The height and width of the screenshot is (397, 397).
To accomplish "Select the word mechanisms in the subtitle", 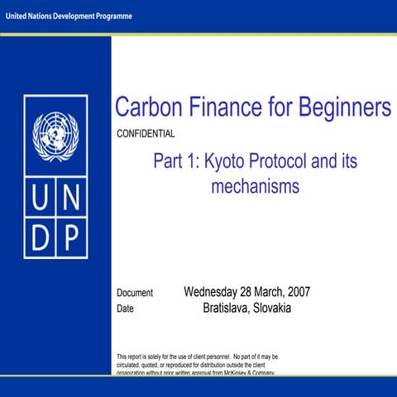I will [255, 187].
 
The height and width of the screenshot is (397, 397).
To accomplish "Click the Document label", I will [135, 294].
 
